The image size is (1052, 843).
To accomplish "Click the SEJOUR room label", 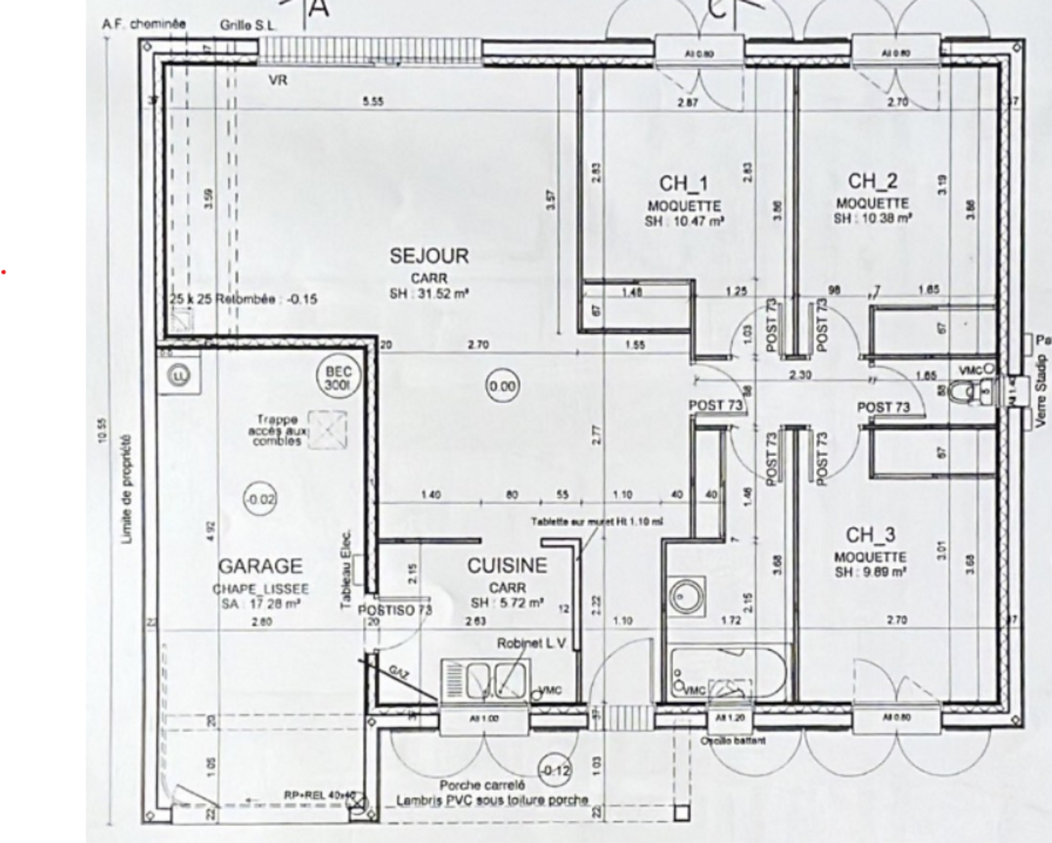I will click(429, 256).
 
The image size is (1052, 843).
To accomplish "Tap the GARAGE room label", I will click(260, 566).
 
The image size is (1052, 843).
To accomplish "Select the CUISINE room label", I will click(507, 566).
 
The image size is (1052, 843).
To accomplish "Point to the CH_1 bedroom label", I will click(683, 183).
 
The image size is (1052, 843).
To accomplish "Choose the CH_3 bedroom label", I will click(870, 535).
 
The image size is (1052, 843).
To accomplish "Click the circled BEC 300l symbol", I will click(336, 378).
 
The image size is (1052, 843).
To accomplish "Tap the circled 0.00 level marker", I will click(502, 386).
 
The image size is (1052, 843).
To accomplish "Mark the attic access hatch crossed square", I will click(327, 430).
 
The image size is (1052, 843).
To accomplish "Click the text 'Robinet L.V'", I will click(530, 644).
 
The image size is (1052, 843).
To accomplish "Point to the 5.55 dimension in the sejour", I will click(373, 102).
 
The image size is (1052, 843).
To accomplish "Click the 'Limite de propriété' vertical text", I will click(126, 489).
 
